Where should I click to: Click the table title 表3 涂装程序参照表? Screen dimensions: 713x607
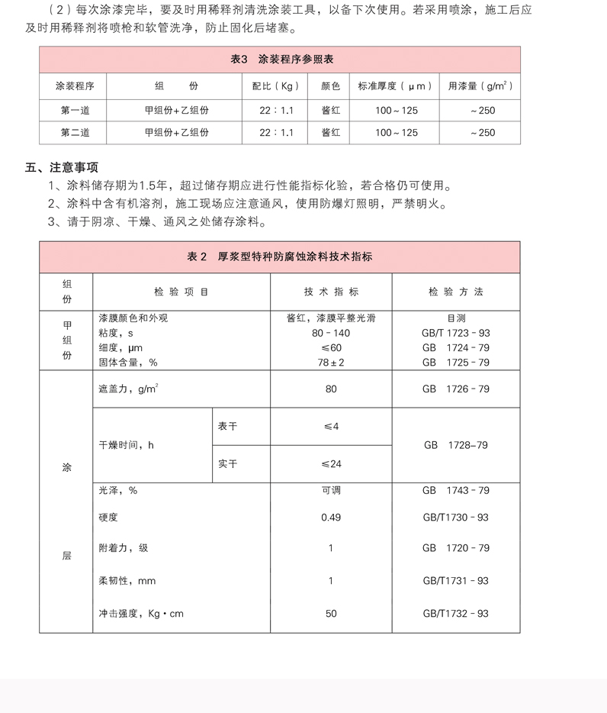(x=280, y=60)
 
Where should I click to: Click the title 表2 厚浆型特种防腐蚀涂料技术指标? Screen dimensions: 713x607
(x=280, y=257)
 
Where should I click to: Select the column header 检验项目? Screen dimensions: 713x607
(x=181, y=292)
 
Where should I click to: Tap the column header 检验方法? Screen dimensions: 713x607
(x=456, y=292)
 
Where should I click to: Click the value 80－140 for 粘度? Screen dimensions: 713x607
(x=331, y=334)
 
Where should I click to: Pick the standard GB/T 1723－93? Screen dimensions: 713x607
(x=456, y=334)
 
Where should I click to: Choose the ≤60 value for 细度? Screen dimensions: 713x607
(x=331, y=348)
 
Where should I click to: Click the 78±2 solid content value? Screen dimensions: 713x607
(x=331, y=363)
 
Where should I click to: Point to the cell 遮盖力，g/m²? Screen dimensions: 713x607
(x=129, y=389)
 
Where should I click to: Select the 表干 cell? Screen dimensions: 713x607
(x=227, y=426)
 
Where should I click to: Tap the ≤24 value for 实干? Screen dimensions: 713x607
(x=331, y=464)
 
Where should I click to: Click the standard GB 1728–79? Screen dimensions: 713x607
(x=456, y=445)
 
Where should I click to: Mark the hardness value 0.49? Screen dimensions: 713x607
(x=331, y=518)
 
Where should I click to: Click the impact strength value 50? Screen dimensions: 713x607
(x=331, y=614)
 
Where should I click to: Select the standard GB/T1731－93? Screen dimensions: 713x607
(x=456, y=581)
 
